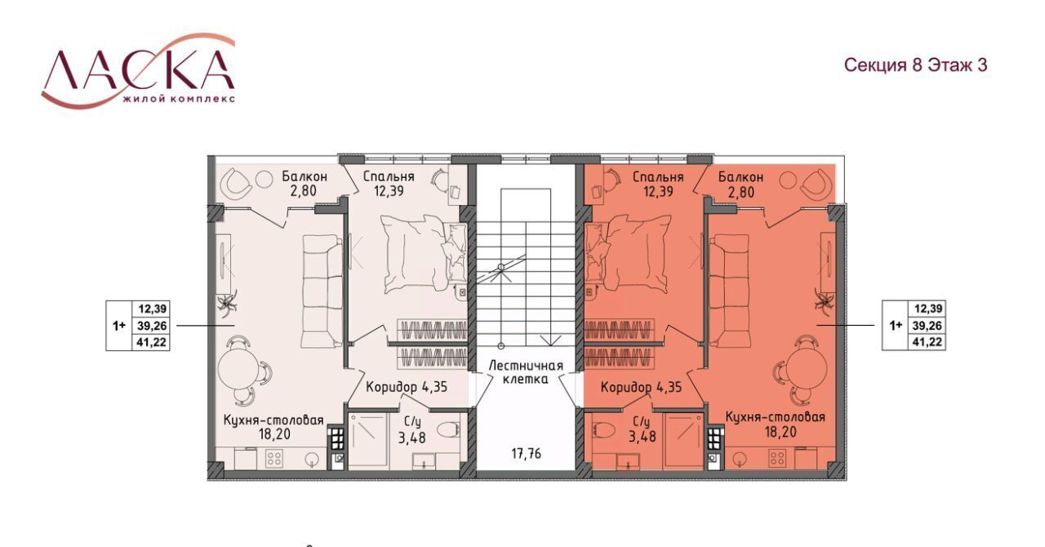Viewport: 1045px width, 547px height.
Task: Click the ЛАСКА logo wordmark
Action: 138,71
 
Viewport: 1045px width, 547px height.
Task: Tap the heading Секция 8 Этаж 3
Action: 916,64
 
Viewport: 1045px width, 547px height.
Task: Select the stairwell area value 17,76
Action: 527,453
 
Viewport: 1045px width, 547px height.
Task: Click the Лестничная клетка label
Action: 526,372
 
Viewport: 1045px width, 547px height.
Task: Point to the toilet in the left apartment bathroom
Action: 450,431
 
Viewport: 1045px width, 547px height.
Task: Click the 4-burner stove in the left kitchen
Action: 273,458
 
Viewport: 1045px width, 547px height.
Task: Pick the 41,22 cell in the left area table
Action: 152,343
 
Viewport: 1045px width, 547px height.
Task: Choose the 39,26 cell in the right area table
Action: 927,325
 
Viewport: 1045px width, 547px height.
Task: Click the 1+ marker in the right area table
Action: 896,325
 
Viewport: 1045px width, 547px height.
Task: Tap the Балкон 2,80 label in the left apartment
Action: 305,184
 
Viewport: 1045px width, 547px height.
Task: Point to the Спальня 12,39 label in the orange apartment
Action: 658,184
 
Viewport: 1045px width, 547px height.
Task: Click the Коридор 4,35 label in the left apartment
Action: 407,387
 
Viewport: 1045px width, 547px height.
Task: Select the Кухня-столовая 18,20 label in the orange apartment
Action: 775,425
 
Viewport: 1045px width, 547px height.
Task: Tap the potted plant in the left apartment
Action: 228,301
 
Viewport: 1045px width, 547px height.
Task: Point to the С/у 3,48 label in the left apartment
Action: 412,430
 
